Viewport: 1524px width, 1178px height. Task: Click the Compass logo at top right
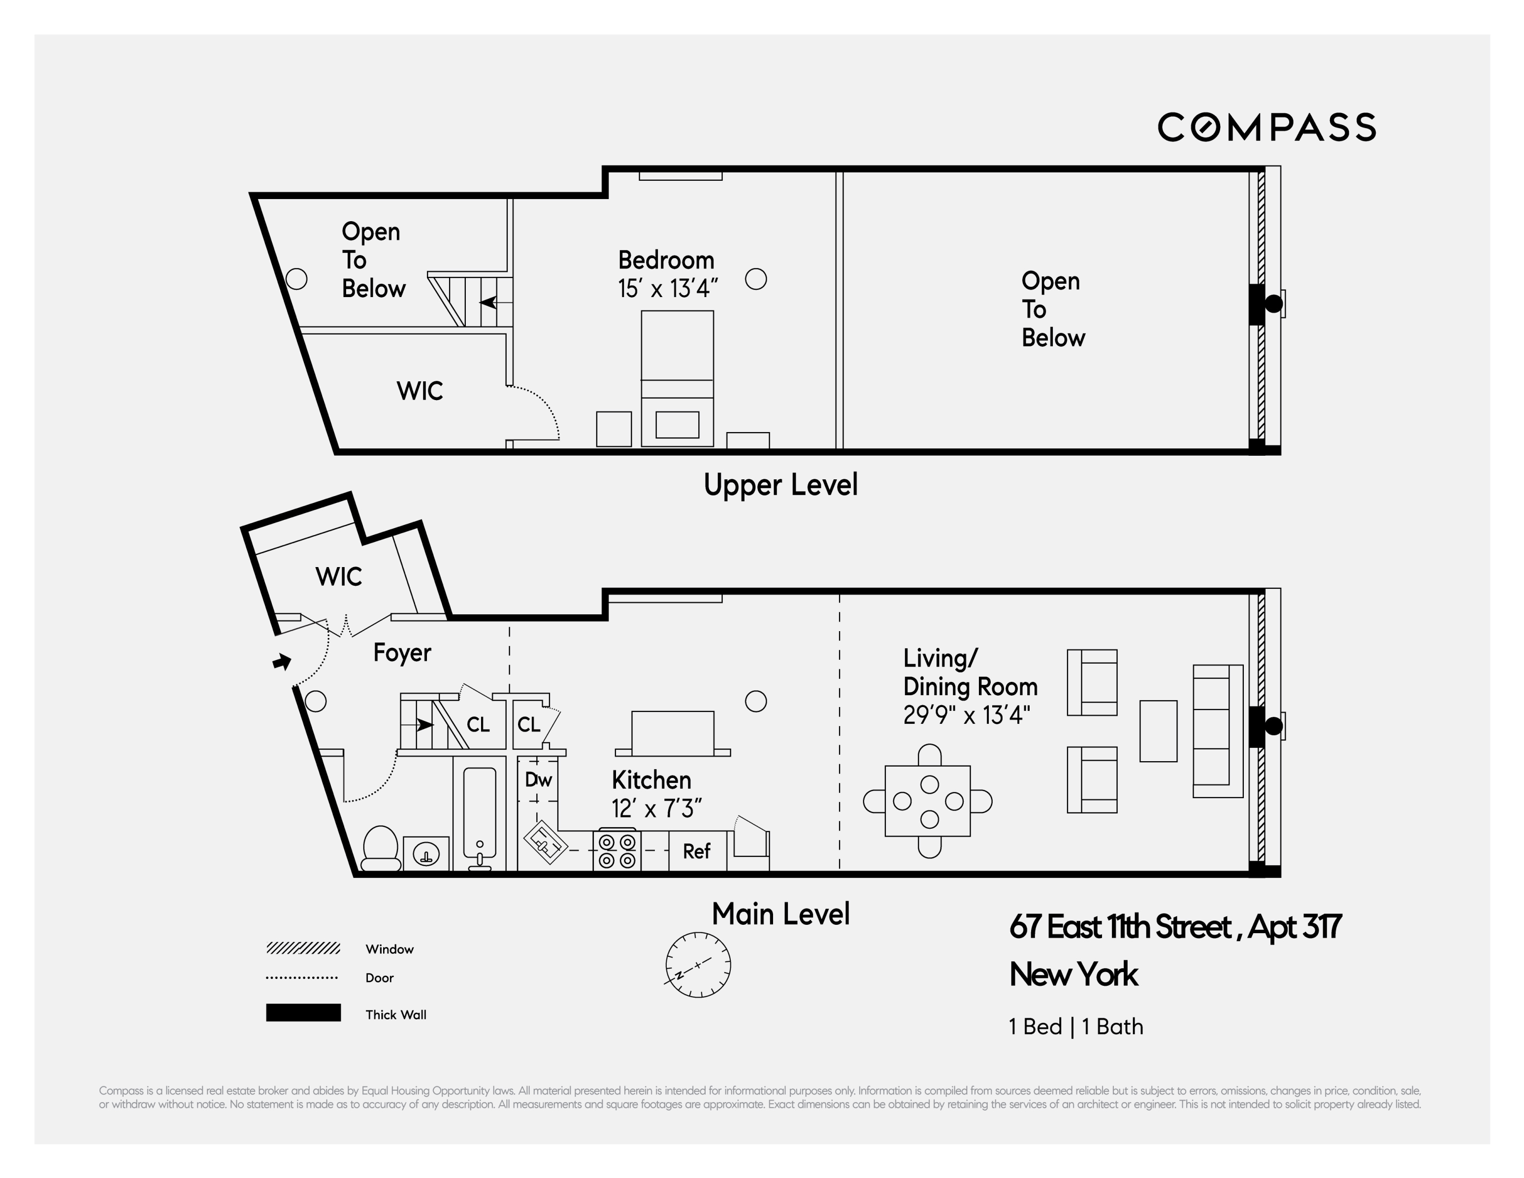pyautogui.click(x=1266, y=127)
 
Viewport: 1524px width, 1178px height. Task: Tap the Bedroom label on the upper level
pyautogui.click(x=666, y=261)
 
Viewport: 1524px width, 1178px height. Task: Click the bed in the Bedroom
pyautogui.click(x=677, y=377)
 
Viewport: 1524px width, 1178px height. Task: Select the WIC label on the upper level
pyautogui.click(x=420, y=391)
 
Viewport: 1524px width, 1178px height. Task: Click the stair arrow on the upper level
pyautogui.click(x=488, y=303)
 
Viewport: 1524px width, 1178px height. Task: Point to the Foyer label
pyautogui.click(x=402, y=653)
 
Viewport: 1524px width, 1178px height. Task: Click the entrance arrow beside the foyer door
pyautogui.click(x=282, y=661)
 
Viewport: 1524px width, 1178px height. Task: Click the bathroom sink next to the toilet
pyautogui.click(x=425, y=853)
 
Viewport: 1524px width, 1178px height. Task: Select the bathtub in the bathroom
pyautogui.click(x=480, y=813)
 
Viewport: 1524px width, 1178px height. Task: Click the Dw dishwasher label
pyautogui.click(x=538, y=780)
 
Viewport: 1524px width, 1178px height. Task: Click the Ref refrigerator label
pyautogui.click(x=696, y=851)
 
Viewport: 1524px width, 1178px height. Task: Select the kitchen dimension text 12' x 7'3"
pyautogui.click(x=656, y=808)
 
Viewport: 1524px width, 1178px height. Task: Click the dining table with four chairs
pyautogui.click(x=927, y=801)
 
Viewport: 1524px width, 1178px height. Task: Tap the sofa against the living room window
pyautogui.click(x=1217, y=731)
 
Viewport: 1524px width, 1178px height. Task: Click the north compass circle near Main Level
pyautogui.click(x=698, y=964)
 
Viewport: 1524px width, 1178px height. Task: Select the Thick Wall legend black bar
pyautogui.click(x=303, y=1012)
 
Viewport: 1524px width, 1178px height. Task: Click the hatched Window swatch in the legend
pyautogui.click(x=303, y=948)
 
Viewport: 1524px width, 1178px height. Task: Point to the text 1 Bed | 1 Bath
pyautogui.click(x=1075, y=1026)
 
